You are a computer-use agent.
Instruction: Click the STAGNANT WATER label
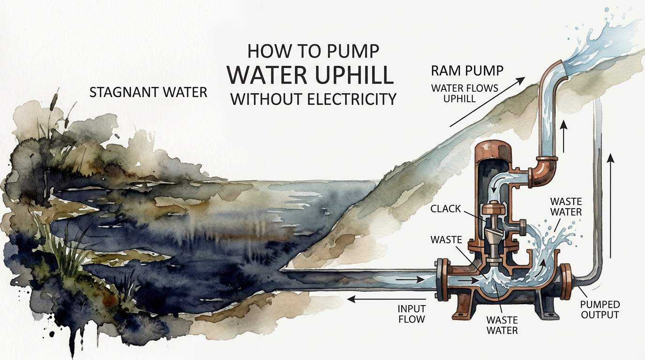point(148,91)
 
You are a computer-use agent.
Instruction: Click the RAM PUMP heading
point(466,71)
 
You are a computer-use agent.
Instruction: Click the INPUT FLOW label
point(411,314)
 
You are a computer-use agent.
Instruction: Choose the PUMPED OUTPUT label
point(600,309)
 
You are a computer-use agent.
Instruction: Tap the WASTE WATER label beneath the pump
point(502,325)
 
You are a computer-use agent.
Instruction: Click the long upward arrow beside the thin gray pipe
point(610,206)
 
